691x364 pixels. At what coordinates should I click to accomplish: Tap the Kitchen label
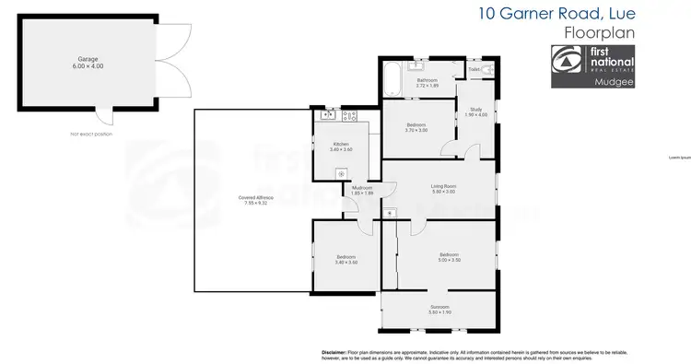coord(340,144)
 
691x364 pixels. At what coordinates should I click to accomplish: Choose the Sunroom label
coord(439,307)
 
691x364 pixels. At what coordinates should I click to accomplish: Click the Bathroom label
coord(427,81)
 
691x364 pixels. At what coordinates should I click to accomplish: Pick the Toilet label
coord(474,69)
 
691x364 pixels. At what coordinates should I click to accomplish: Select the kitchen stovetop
coord(350,116)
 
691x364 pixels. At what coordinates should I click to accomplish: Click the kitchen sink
coord(329,116)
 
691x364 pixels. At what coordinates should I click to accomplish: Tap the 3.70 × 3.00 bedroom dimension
coord(416,130)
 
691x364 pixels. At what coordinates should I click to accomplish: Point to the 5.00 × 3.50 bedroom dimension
coord(449,260)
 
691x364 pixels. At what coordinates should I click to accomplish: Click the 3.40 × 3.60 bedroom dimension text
coord(346,263)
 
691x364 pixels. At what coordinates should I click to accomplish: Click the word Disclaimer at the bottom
coord(334,352)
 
